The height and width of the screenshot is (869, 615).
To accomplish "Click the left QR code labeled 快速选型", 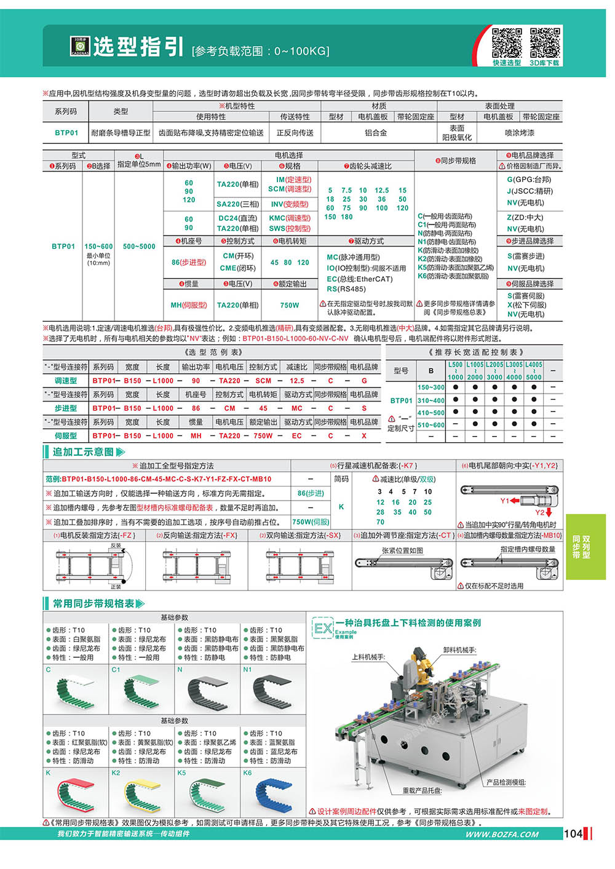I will (507, 42).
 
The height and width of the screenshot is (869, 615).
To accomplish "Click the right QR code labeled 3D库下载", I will (545, 42).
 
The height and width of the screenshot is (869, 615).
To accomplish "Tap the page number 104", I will (573, 834).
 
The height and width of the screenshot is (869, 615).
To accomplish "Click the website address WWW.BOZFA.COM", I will (502, 835).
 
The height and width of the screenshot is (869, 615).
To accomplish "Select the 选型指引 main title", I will (138, 47).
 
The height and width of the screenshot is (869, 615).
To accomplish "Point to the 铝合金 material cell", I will (376, 133).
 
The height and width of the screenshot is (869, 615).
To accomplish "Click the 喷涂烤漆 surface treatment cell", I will (520, 133).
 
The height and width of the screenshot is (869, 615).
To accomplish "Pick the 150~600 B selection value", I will (98, 247).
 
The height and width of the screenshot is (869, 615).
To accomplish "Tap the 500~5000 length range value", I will (139, 247).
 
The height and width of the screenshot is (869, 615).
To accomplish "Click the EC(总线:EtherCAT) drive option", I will (359, 279).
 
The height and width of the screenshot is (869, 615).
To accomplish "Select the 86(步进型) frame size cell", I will (189, 263).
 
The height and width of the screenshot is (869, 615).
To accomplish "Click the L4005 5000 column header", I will (533, 371).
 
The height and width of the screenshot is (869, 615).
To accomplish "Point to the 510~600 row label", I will (431, 425).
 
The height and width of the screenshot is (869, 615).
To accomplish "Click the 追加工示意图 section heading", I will (83, 452).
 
